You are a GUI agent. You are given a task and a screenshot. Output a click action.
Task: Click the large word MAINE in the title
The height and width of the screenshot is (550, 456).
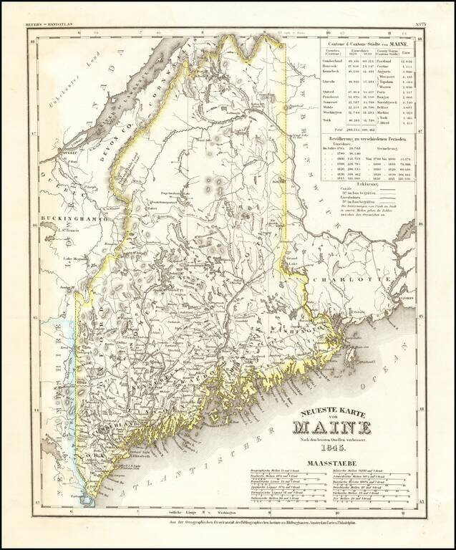(x=331, y=428)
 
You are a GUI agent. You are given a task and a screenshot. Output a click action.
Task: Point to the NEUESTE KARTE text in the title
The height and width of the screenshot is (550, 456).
(x=331, y=410)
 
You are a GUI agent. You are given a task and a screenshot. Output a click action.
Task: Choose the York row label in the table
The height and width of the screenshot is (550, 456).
(x=324, y=141)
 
